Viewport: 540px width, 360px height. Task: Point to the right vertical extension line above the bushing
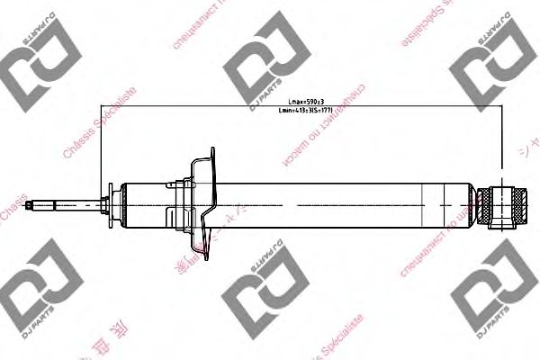pyautogui.click(x=497, y=144)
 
